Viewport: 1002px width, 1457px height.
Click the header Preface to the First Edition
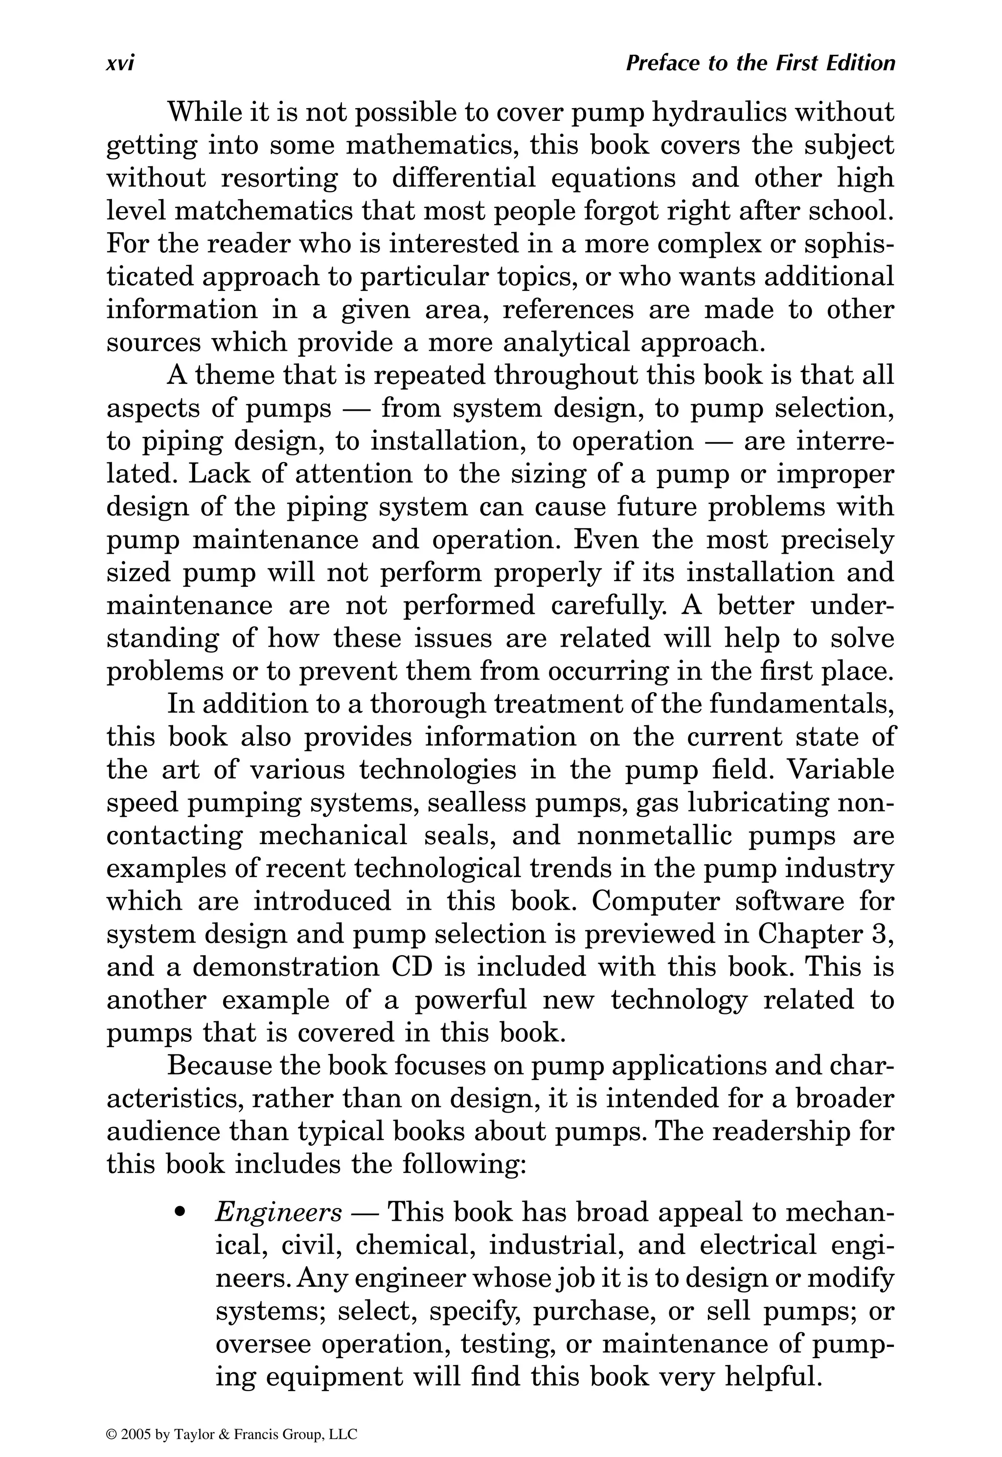[x=760, y=64]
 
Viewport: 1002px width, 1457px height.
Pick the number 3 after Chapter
[x=885, y=934]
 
